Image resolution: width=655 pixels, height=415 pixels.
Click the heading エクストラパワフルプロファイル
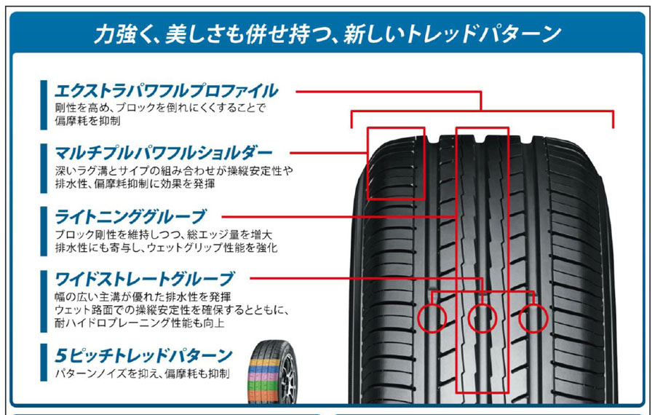(166, 91)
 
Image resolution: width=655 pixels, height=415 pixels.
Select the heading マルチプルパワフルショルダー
(163, 153)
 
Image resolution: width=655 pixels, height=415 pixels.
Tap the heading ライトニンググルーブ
(130, 216)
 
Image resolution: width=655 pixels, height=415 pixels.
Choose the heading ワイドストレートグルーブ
(145, 279)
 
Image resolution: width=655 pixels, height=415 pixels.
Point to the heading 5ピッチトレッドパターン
(143, 355)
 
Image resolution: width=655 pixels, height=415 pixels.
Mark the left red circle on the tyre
(432, 318)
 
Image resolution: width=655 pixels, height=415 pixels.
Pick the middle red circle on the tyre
(483, 318)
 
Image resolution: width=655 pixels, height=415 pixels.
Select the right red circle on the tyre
(533, 318)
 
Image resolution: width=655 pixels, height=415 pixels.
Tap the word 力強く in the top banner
(119, 33)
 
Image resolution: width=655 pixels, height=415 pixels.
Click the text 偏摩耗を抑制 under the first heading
(87, 121)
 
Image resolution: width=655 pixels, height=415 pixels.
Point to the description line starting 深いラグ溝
(174, 170)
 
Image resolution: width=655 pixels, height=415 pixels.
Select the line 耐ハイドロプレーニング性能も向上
(140, 323)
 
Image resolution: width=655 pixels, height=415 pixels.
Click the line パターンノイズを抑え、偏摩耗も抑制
(142, 373)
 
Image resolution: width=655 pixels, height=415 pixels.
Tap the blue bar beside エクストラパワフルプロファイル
(44, 105)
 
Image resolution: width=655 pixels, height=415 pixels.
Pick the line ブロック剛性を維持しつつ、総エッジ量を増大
(163, 234)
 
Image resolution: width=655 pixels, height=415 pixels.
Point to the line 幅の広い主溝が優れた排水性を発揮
(143, 297)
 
